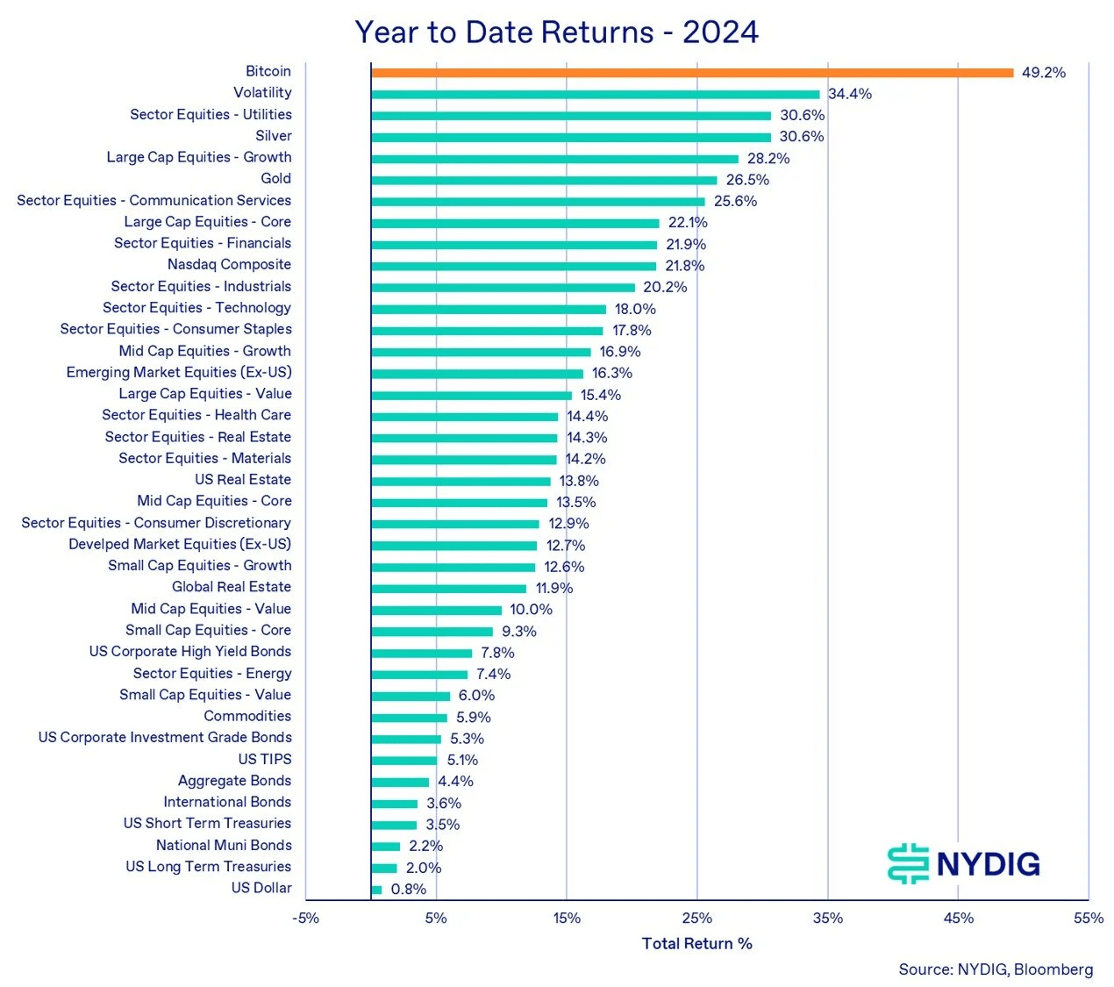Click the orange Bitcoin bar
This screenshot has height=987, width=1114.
691,73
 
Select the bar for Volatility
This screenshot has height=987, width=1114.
595,94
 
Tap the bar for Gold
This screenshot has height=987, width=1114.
544,180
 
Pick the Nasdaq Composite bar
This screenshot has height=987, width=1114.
513,266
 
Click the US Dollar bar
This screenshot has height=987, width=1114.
376,890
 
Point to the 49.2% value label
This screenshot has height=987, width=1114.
1043,73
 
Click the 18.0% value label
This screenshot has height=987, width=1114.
634,309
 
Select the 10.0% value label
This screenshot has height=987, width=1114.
531,610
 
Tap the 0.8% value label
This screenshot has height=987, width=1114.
408,890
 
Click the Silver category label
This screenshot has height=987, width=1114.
273,136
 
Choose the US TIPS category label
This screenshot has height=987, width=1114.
264,760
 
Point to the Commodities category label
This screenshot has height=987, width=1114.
246,717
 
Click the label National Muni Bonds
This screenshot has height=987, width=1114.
224,846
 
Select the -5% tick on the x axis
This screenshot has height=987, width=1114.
305,919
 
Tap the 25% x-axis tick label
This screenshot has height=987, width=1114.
697,919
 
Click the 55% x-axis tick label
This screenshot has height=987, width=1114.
1089,919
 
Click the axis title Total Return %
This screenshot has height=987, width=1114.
696,944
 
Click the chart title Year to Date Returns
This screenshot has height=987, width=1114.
556,32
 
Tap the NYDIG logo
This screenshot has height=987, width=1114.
963,863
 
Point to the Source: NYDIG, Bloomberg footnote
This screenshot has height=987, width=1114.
995,969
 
